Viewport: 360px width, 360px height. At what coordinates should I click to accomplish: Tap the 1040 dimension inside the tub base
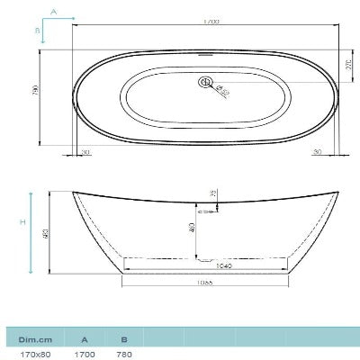(201, 267)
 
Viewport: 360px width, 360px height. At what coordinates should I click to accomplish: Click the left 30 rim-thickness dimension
(85, 152)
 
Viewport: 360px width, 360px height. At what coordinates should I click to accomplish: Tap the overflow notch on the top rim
(205, 53)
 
